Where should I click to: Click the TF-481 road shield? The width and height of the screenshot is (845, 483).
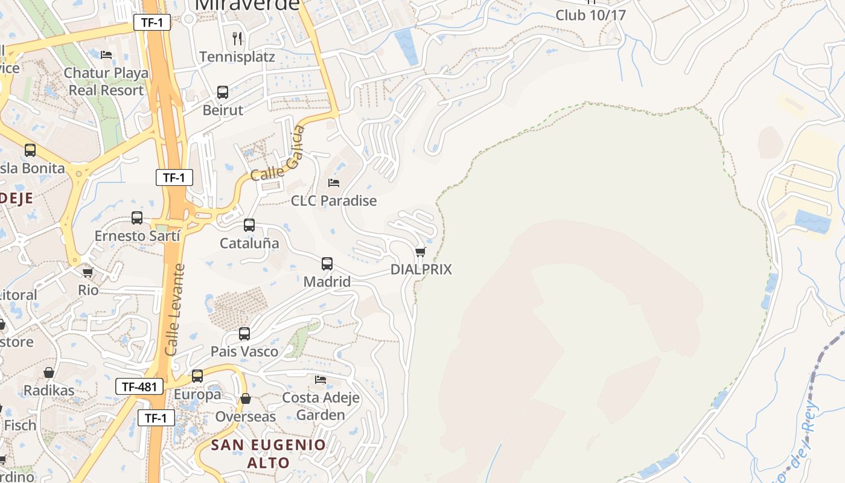(140, 386)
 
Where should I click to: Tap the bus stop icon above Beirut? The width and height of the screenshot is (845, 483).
(223, 92)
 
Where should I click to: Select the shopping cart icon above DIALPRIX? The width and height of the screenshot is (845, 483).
(421, 252)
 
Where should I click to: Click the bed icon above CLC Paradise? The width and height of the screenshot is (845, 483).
(334, 182)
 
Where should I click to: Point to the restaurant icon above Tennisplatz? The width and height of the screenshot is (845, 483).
(237, 39)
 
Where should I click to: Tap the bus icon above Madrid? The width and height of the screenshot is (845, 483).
(327, 264)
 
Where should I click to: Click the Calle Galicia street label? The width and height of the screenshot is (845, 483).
(278, 155)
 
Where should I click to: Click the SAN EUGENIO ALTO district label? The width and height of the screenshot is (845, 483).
(268, 454)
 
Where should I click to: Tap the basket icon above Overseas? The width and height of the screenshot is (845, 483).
(246, 398)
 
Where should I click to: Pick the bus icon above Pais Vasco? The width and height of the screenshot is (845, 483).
(244, 334)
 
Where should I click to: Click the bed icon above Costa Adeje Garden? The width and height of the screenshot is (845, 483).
(320, 380)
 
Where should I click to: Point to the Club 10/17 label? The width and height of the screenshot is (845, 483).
(590, 15)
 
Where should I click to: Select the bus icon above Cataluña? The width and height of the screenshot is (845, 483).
(249, 225)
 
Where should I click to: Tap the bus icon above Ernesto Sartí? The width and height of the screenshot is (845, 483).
(137, 218)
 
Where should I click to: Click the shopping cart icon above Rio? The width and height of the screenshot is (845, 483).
(88, 272)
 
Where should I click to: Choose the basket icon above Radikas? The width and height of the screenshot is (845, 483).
(49, 373)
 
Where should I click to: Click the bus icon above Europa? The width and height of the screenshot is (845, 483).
(197, 376)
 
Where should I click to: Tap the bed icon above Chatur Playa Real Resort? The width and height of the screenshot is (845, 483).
(106, 55)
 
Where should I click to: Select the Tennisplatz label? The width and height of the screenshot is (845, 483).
(237, 57)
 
